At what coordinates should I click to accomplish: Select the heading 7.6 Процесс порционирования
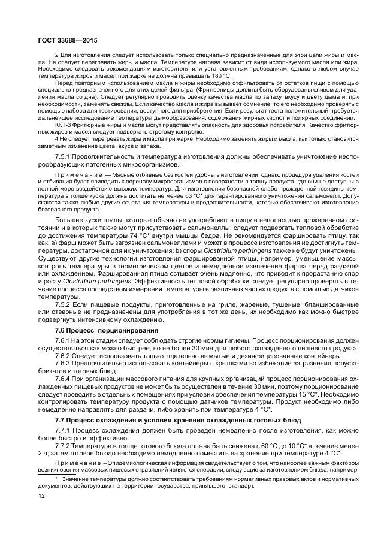pos(98,330)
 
